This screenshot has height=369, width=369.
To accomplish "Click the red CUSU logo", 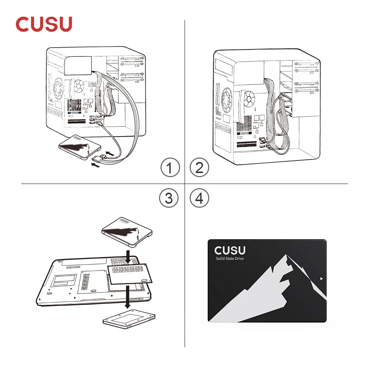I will coord(44,24).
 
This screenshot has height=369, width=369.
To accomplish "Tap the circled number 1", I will coord(170,168).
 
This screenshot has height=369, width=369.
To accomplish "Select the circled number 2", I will coord(199,168).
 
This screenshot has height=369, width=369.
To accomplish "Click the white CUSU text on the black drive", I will coord(230,251).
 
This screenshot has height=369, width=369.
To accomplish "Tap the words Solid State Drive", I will coord(230,258).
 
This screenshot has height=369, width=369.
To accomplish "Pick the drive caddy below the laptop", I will coord(129,319).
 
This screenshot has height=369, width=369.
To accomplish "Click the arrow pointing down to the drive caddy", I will coord(127,297).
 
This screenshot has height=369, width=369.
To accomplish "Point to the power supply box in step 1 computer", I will coord(78,65).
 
